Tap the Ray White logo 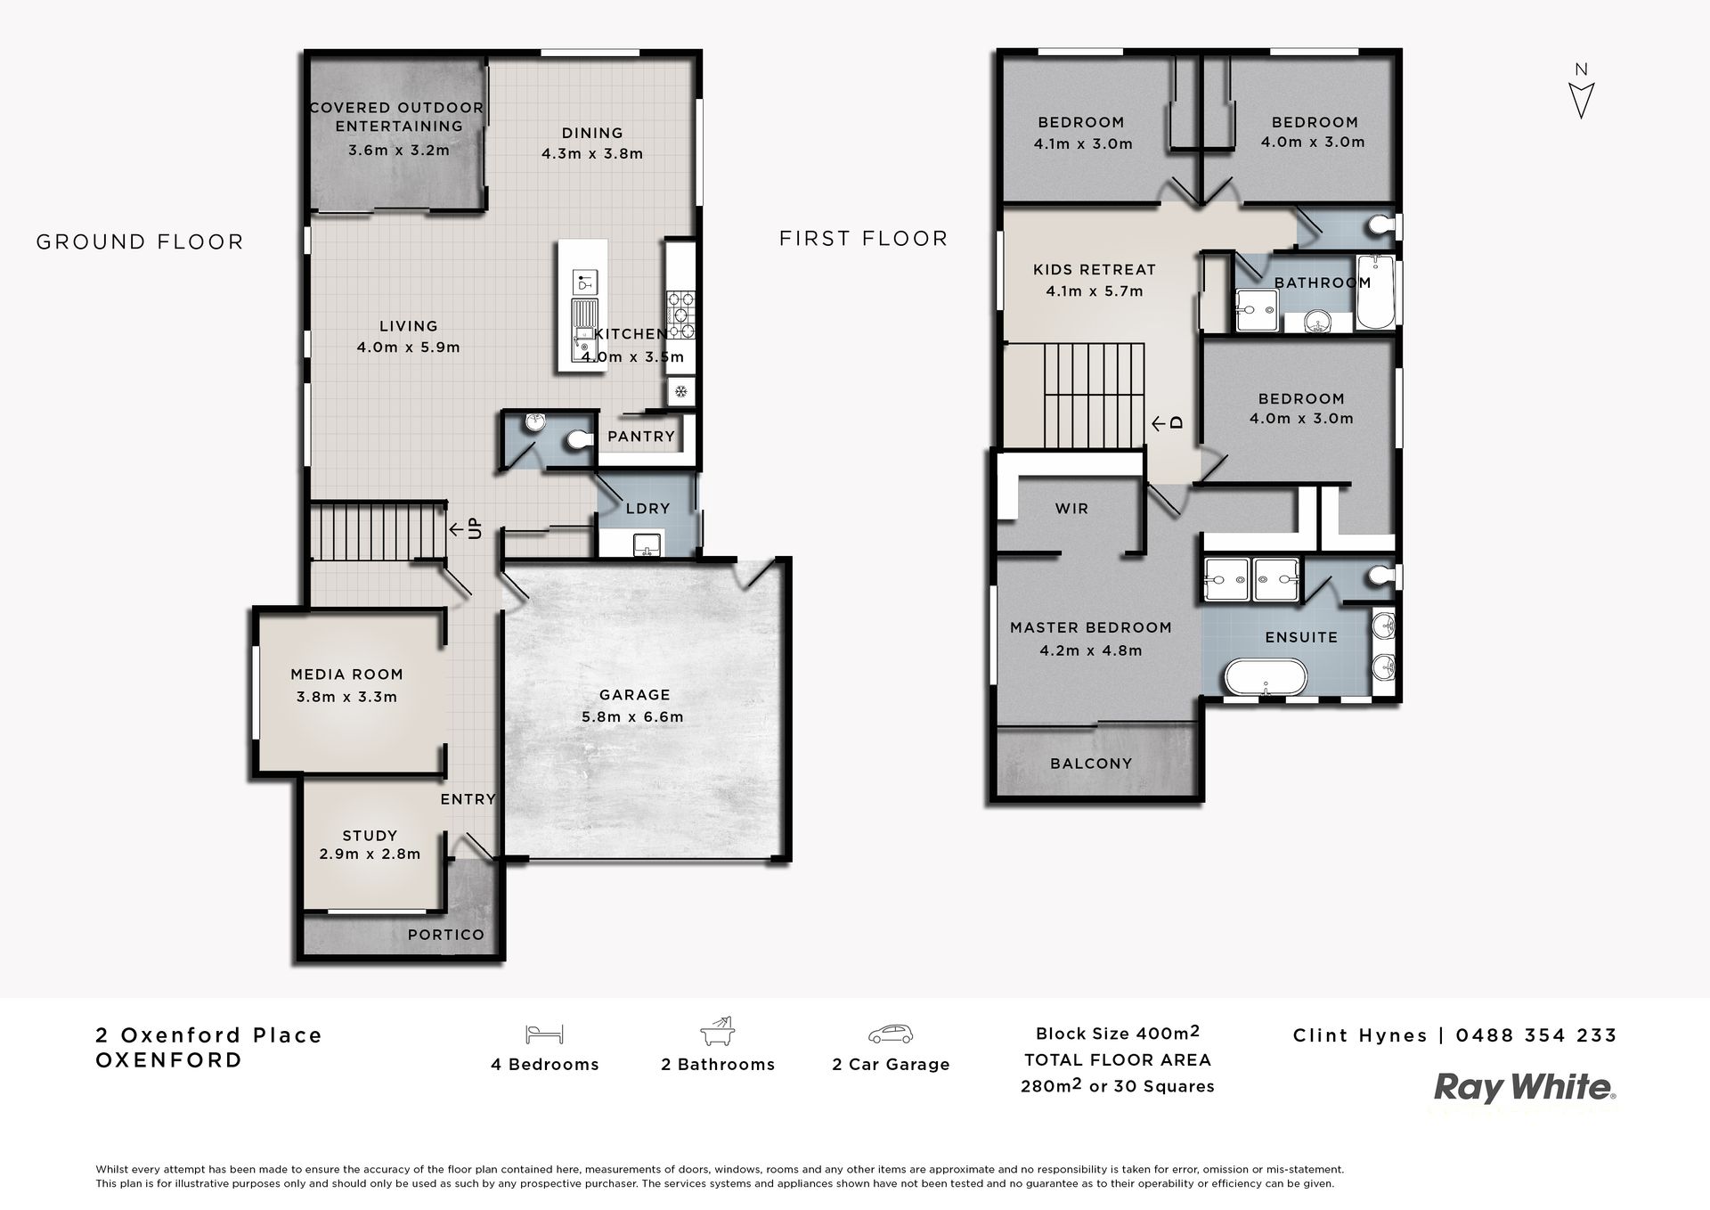click(x=1525, y=1088)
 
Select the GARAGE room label click(x=634, y=695)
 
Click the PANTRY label click(x=641, y=437)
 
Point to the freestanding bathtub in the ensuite click(x=1265, y=676)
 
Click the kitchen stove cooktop click(x=680, y=315)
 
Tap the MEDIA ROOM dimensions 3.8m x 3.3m click(x=346, y=697)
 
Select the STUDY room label click(x=370, y=836)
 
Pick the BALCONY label click(x=1091, y=764)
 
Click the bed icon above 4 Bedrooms click(x=544, y=1034)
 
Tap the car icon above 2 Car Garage click(x=891, y=1034)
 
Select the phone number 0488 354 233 click(x=1536, y=1035)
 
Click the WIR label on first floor click(x=1071, y=509)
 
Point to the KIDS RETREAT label click(x=1095, y=269)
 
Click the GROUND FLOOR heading click(x=140, y=241)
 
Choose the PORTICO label click(x=446, y=935)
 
